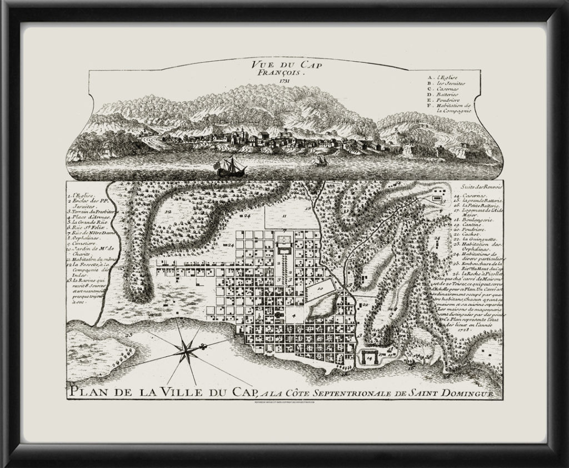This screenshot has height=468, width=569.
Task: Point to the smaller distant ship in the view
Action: pos(320,161)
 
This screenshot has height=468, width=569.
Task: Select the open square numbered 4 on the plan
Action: pos(292,316)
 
